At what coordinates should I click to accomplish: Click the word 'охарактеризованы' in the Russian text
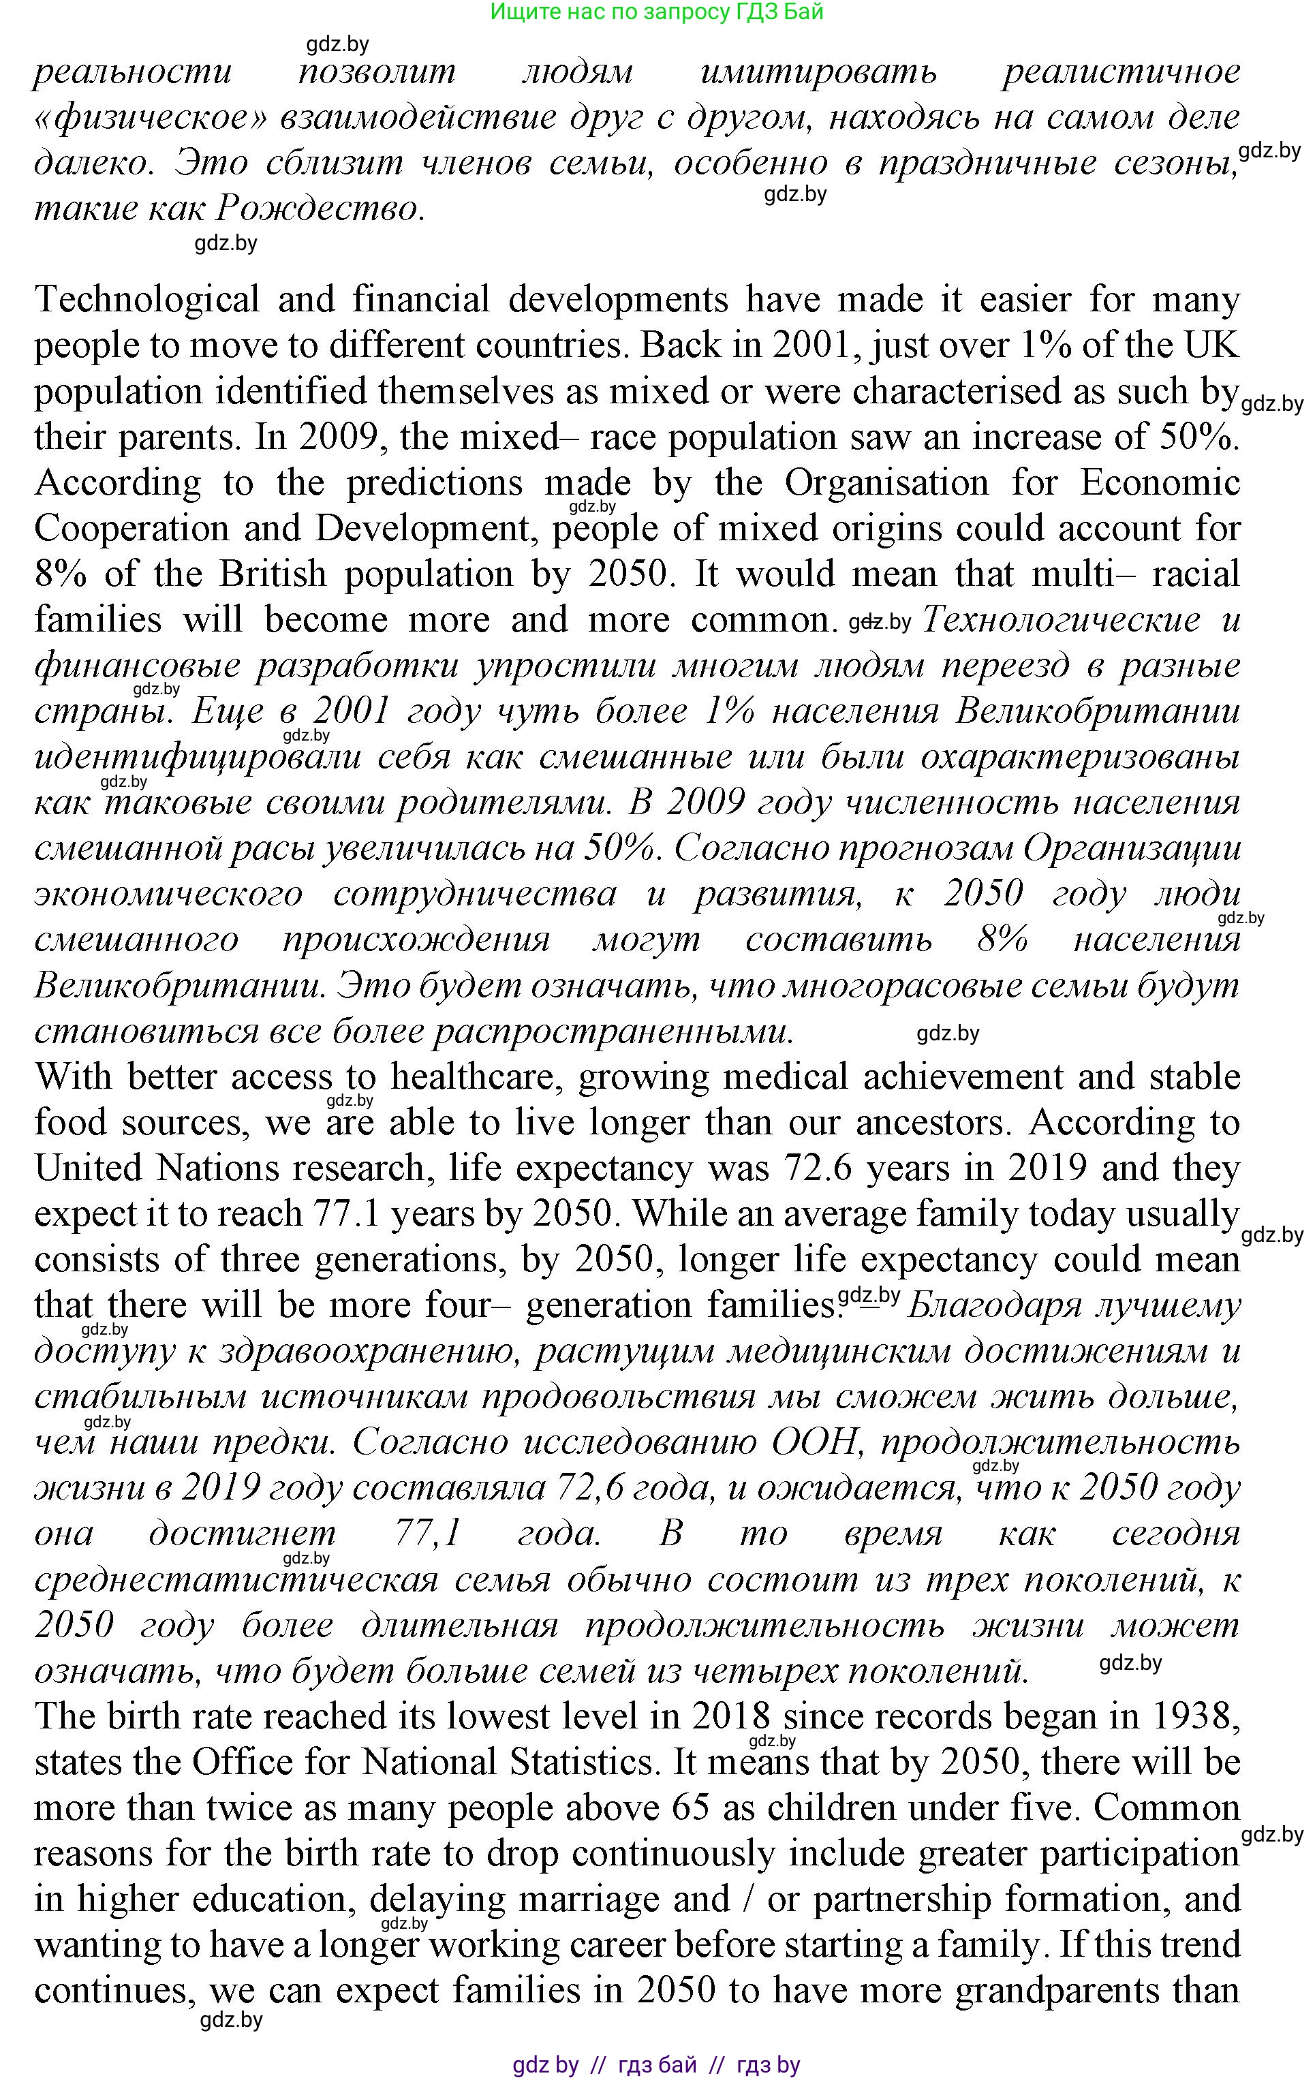tap(1081, 758)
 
